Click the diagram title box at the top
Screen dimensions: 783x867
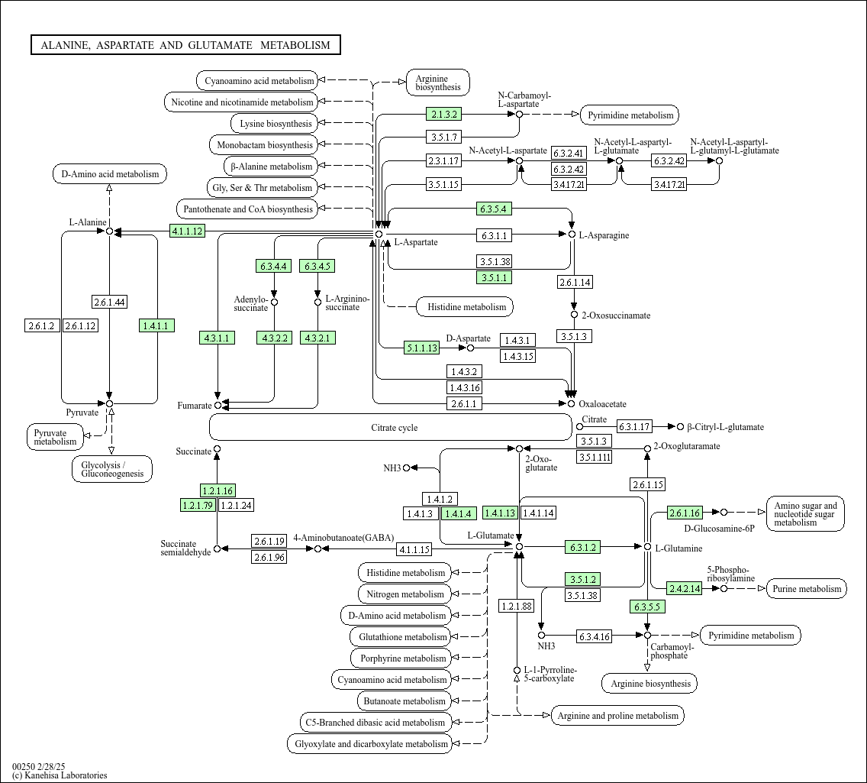point(185,45)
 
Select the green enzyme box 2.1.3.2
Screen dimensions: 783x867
point(443,115)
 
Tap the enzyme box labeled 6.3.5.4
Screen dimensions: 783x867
point(493,209)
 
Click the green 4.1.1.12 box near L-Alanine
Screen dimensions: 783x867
point(187,231)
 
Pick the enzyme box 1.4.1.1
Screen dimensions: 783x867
point(157,325)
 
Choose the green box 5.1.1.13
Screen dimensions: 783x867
point(421,348)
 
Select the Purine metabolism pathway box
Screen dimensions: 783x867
point(806,588)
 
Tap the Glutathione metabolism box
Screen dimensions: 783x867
point(403,637)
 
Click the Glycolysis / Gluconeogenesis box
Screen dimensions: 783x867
point(112,469)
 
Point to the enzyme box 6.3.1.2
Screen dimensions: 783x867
point(582,547)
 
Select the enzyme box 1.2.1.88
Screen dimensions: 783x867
point(516,606)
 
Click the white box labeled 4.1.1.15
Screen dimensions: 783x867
point(414,548)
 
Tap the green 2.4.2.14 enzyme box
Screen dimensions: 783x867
point(684,588)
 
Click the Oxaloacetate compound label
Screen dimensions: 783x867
point(602,404)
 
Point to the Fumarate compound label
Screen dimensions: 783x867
point(195,405)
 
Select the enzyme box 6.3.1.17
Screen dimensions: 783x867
point(634,426)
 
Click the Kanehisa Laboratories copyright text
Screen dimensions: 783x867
point(60,775)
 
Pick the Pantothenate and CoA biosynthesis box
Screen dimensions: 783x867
point(247,209)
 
